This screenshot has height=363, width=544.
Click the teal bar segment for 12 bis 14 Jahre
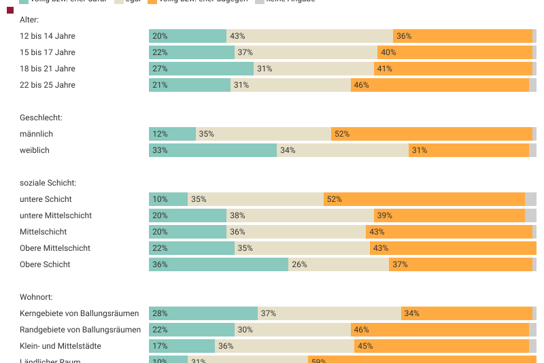[x=188, y=36]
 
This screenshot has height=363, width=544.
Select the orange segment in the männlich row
[x=431, y=134]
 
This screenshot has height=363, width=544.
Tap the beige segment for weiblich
[x=343, y=150]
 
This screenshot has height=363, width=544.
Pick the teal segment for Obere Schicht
[x=218, y=264]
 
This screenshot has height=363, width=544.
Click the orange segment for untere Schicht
[x=424, y=199]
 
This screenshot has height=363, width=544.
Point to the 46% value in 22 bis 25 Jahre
[x=361, y=85]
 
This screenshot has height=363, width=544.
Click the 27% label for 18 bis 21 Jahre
[x=160, y=69]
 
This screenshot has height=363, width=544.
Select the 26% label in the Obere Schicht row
[x=299, y=264]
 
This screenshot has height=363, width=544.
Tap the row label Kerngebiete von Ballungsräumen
[x=79, y=313]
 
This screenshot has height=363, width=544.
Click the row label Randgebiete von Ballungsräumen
[x=80, y=330]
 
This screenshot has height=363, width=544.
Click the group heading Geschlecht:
[x=41, y=118]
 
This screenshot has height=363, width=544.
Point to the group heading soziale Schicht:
[x=48, y=183]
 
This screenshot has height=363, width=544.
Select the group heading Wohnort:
[x=36, y=297]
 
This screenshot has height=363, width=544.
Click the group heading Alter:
[x=29, y=20]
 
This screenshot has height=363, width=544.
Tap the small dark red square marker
[x=10, y=10]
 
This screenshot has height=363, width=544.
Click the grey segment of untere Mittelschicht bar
[x=530, y=215]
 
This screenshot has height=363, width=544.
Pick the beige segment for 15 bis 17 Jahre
[x=306, y=52]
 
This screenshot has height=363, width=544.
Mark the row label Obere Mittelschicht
[x=55, y=248]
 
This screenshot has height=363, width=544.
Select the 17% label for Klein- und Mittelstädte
[x=160, y=346]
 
